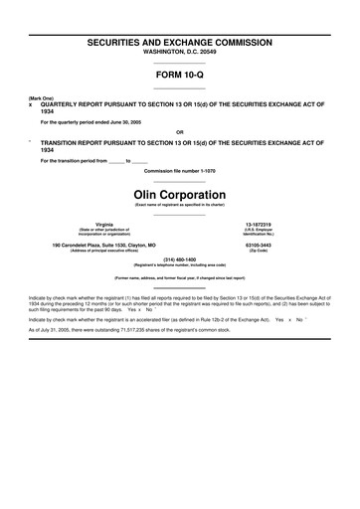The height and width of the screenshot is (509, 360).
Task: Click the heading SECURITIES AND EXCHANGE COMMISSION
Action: click(x=179, y=46)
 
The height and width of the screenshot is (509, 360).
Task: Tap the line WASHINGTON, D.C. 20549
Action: click(x=179, y=56)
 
